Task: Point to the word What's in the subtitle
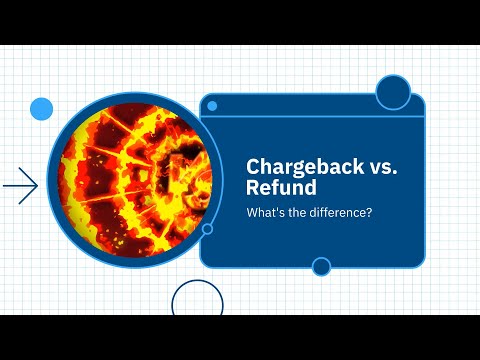(x=263, y=212)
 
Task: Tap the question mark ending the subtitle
(x=370, y=212)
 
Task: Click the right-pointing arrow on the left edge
(x=20, y=185)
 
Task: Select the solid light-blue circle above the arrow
(x=41, y=108)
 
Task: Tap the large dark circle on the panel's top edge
(x=393, y=92)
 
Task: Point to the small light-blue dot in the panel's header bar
(x=214, y=104)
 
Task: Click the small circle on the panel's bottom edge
(x=321, y=266)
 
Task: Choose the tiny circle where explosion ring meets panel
(x=207, y=229)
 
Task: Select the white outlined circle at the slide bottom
(x=197, y=300)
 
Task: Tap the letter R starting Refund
(x=253, y=188)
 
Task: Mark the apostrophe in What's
(x=272, y=209)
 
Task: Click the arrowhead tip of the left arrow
(x=37, y=185)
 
